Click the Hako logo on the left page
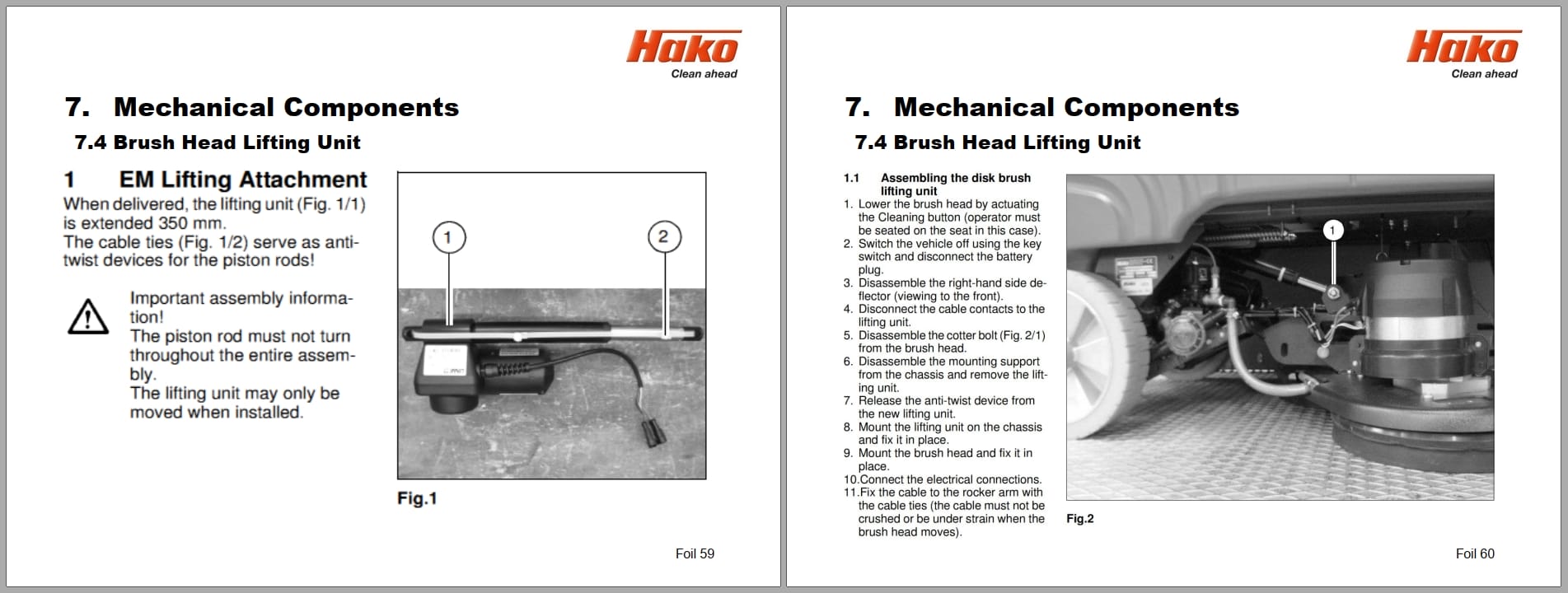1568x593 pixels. coord(683,48)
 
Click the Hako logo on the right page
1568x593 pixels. coord(1463,48)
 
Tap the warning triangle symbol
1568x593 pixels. coord(87,317)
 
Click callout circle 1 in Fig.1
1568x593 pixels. coord(449,237)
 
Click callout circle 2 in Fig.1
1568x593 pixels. coord(664,237)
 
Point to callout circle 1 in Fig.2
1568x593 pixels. coord(1332,230)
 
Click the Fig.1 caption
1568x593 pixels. coord(417,498)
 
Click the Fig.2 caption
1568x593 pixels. coord(1079,519)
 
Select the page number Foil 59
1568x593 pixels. coord(695,554)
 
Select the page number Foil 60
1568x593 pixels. coord(1474,554)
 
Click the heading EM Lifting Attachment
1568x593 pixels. coord(242,180)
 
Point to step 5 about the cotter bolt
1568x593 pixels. coord(951,342)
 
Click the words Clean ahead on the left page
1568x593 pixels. coord(704,74)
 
